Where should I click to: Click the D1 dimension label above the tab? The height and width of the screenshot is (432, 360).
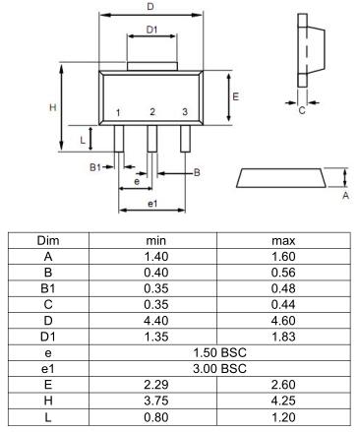pos(151,30)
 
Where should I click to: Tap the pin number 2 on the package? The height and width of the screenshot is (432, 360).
pos(152,112)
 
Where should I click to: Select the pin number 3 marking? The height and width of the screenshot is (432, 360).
pos(185,112)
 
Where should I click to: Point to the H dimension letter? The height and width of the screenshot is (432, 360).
pos(53,107)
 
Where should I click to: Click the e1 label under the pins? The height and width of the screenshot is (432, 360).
pos(152,204)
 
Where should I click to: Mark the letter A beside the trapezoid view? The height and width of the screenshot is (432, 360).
pos(345,196)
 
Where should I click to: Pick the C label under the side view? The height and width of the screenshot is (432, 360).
pos(302,110)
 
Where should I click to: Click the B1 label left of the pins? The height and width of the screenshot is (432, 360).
pos(95,167)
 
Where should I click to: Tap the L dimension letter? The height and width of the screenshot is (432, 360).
pos(83,140)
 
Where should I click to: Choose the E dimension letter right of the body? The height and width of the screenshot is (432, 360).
pos(235,96)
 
